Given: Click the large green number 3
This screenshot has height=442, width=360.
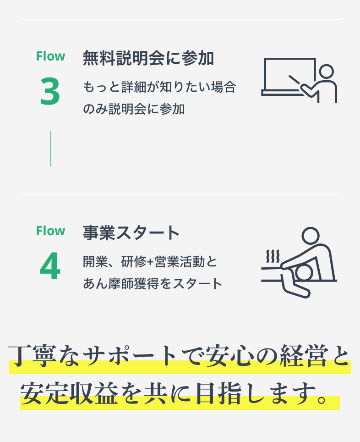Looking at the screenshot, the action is coord(50,91).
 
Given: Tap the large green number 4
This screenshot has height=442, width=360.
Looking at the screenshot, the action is coord(50,266).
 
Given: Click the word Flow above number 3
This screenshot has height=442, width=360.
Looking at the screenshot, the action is coord(50,56).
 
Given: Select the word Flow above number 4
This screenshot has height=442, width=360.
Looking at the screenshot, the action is coord(50,231).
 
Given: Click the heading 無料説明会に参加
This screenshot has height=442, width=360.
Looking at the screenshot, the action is coord(148,58).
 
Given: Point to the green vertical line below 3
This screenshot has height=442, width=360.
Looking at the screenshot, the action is coord(51,148).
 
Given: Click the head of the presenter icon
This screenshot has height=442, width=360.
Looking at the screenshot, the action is coord(326,72).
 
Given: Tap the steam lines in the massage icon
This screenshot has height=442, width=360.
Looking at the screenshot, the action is coord(273,256).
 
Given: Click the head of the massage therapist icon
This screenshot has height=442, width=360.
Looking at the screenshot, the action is coord(311,236).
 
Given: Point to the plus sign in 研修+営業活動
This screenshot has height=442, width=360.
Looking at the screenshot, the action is coord(150,262).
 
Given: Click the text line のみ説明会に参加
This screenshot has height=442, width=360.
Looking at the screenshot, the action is coord(134,109).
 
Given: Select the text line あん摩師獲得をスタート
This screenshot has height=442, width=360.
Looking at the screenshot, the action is coord(153,283).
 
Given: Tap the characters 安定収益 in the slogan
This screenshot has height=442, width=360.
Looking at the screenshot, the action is coord(69,393).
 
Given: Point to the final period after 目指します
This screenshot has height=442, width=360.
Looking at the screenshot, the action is coord(322,399).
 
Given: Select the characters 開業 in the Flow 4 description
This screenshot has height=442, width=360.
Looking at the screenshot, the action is coord(95,262).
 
